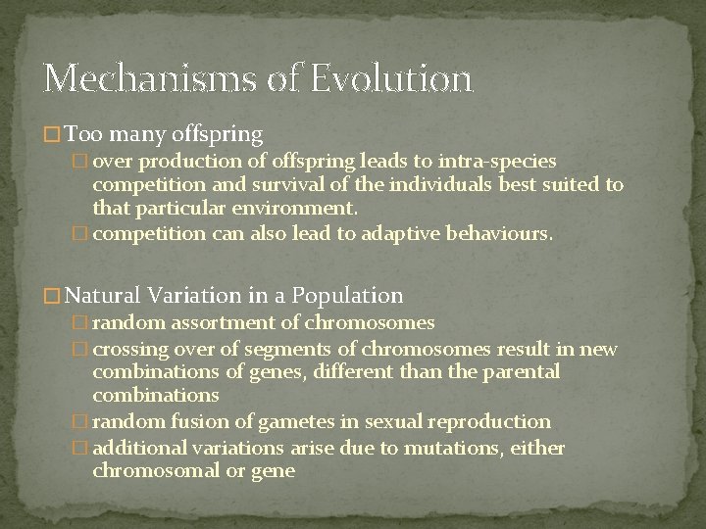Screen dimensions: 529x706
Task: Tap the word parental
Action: tap(521, 371)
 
